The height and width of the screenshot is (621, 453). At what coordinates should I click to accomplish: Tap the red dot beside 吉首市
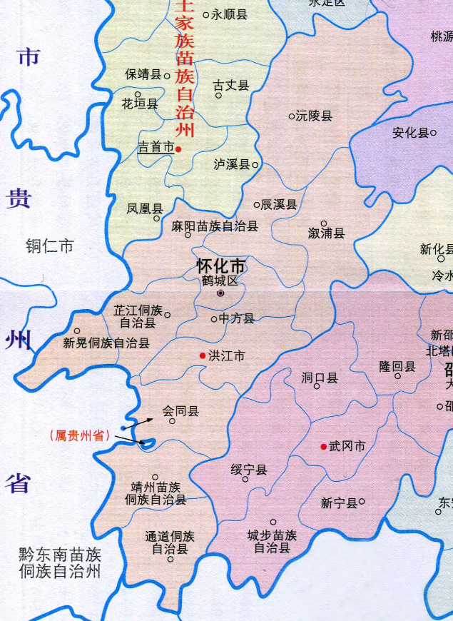coord(179,148)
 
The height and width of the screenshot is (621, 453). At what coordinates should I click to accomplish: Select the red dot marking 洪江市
coord(203,355)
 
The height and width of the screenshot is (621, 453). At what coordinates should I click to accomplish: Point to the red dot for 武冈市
coord(324,446)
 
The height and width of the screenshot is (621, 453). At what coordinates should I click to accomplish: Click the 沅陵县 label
coord(315,116)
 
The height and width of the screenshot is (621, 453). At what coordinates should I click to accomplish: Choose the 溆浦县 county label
coord(326,233)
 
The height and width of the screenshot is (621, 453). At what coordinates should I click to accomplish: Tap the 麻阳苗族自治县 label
coord(215,226)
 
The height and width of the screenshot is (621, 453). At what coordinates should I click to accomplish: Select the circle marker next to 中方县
coord(214,319)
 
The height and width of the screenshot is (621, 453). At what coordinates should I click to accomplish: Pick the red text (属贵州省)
coord(79,435)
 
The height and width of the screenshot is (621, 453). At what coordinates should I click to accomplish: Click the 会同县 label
coord(180,411)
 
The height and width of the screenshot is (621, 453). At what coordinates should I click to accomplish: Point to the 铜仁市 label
coord(49,247)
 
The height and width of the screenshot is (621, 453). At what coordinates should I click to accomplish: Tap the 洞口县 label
coord(319,377)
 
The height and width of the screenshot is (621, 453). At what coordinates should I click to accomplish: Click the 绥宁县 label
coord(248,469)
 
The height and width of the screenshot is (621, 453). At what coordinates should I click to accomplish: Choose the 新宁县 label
coord(338,503)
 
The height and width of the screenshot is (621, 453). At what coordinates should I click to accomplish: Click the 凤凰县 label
coord(145,208)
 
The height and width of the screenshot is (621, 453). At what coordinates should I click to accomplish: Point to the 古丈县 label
coord(231,86)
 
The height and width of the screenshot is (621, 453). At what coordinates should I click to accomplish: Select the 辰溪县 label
coord(278,205)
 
